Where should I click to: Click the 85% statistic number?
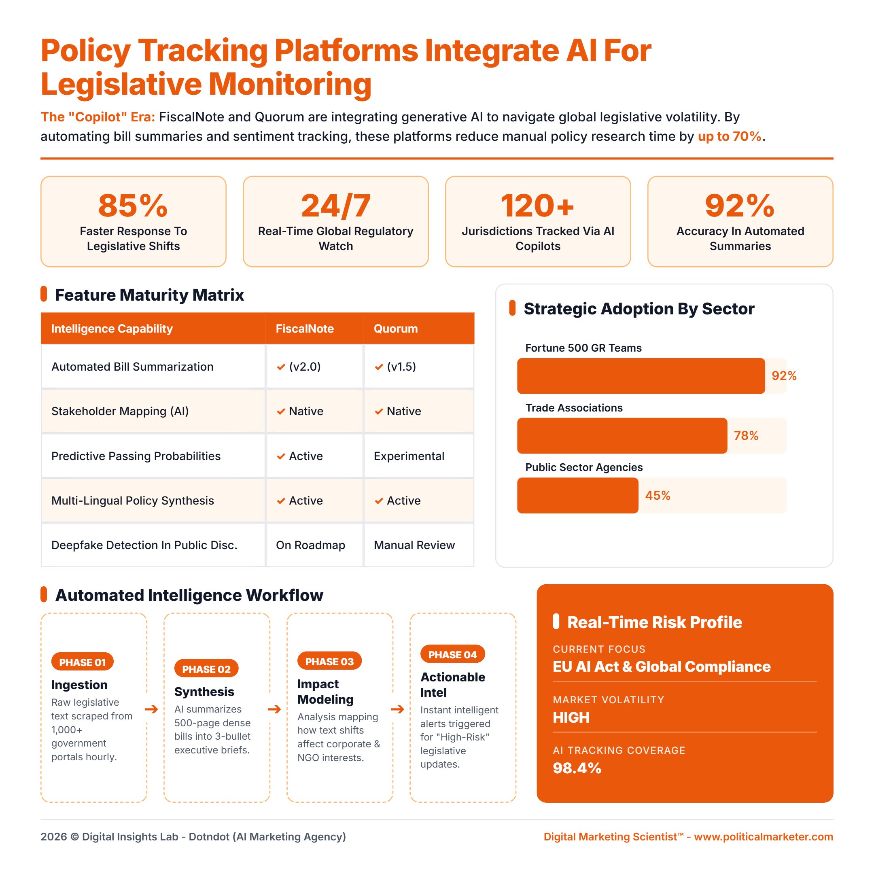133,206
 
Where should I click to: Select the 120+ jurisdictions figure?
537,206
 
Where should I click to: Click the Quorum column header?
395,329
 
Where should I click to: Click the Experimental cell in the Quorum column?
409,456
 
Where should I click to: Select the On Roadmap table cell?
310,545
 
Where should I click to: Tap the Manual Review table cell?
414,545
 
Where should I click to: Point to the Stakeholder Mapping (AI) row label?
120,411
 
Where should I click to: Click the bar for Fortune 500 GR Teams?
641,376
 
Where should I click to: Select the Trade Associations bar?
622,436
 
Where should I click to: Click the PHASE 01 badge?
82,662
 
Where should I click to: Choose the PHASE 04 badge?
452,655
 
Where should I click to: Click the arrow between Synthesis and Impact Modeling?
274,709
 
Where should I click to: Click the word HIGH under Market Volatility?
571,717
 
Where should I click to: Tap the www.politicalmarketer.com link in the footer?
763,837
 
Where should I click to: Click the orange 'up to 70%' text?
729,136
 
